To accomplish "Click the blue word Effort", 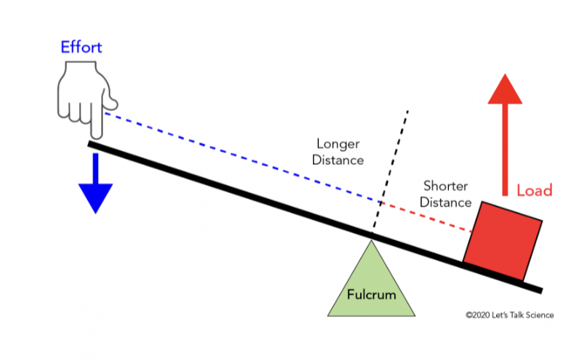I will [81, 49].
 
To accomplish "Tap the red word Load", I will [534, 191].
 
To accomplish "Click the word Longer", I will [338, 144].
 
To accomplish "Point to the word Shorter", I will [447, 187].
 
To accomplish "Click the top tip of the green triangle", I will [371, 241].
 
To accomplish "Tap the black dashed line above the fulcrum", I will [392, 167].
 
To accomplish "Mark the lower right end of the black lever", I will [539, 290].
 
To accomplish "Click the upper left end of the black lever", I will [91, 144].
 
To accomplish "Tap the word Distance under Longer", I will [338, 160].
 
